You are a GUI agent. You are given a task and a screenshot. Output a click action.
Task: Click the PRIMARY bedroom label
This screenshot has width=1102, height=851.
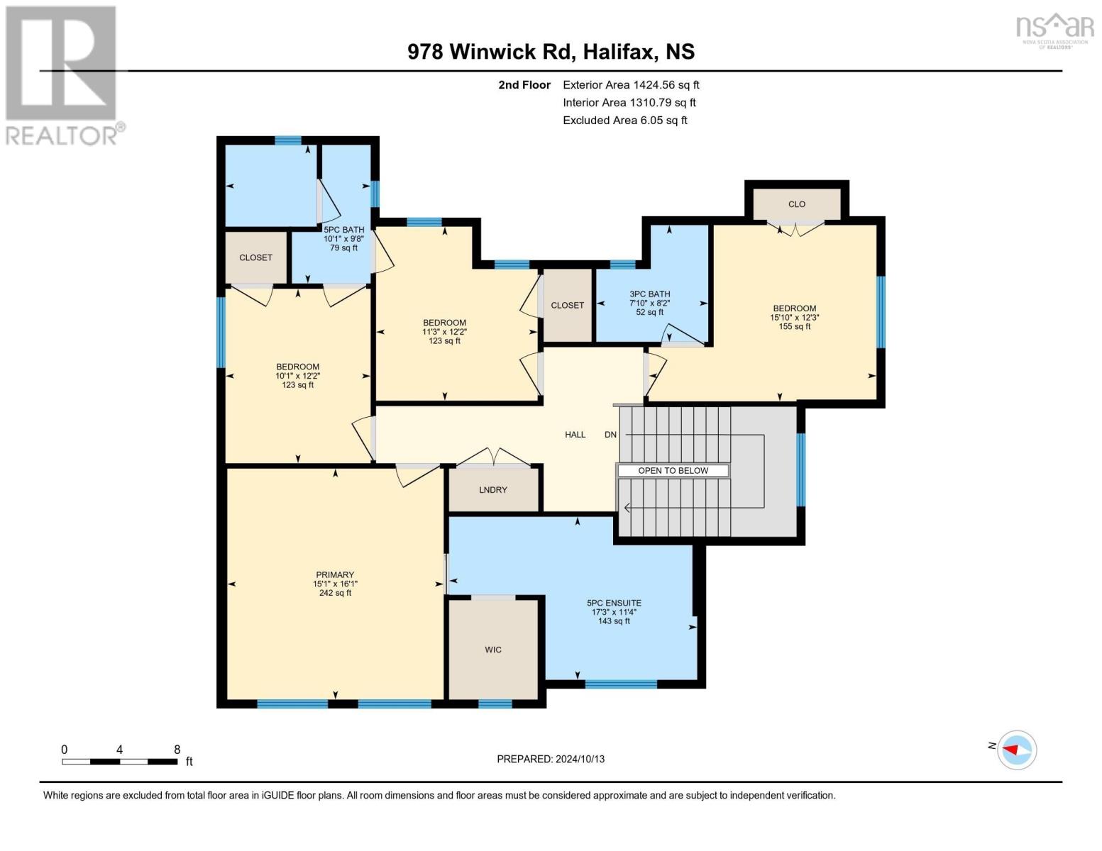pyautogui.click(x=335, y=574)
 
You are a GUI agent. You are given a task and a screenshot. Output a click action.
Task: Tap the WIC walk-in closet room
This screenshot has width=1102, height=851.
pyautogui.click(x=493, y=649)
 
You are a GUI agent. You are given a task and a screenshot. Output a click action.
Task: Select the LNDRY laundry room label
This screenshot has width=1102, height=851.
pyautogui.click(x=493, y=489)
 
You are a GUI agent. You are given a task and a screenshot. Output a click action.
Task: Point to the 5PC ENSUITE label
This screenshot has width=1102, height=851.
pyautogui.click(x=614, y=603)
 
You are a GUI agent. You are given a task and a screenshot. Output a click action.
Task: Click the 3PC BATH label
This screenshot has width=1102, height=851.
pyautogui.click(x=649, y=294)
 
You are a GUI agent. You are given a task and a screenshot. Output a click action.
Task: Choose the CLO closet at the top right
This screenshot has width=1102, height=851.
pyautogui.click(x=796, y=204)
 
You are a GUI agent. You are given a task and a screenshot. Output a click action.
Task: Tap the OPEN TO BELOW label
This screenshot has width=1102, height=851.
pyautogui.click(x=673, y=470)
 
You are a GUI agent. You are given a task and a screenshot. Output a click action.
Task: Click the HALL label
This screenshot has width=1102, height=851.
pyautogui.click(x=575, y=434)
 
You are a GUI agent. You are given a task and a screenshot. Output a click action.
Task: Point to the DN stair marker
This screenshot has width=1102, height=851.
pyautogui.click(x=610, y=434)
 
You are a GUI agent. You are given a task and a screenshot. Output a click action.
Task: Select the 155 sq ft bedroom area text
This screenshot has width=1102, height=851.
pyautogui.click(x=794, y=326)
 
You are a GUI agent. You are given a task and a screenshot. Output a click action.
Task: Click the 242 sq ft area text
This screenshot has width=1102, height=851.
pyautogui.click(x=335, y=593)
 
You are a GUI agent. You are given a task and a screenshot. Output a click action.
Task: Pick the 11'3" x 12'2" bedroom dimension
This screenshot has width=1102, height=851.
pyautogui.click(x=444, y=331)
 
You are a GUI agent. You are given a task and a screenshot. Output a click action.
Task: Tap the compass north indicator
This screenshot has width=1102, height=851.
pyautogui.click(x=1016, y=749)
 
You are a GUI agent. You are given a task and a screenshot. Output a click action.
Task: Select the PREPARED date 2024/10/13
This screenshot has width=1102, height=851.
pyautogui.click(x=551, y=759)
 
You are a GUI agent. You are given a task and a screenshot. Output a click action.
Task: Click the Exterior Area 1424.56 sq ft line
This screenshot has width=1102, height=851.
pyautogui.click(x=631, y=84)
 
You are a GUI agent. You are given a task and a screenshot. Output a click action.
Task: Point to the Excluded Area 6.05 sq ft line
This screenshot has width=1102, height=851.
pyautogui.click(x=624, y=120)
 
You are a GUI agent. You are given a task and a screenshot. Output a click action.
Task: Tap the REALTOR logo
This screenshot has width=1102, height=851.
pyautogui.click(x=62, y=74)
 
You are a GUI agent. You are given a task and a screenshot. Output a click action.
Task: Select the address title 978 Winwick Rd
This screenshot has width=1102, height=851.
pyautogui.click(x=551, y=51)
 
